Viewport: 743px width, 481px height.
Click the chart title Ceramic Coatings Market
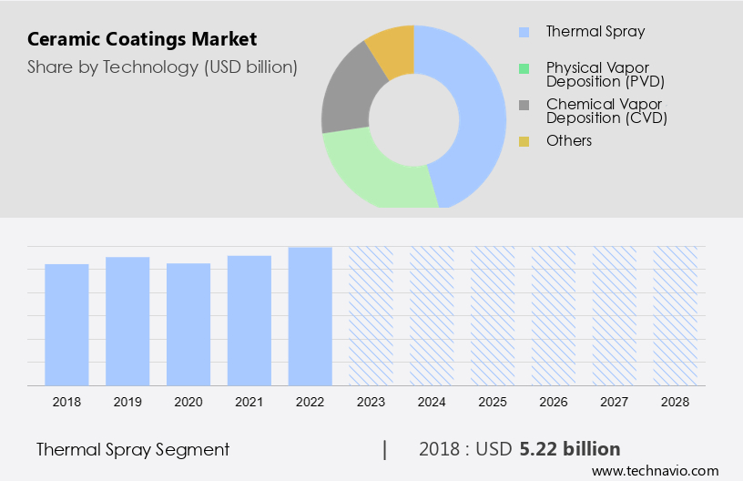click(x=142, y=39)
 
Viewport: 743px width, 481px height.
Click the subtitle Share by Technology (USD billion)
click(x=162, y=67)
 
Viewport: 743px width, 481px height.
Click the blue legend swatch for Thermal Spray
click(x=524, y=32)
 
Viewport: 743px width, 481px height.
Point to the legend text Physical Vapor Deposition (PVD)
click(x=606, y=75)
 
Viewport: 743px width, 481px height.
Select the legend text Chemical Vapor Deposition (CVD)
click(x=606, y=111)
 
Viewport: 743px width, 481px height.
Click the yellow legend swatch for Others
click(x=524, y=141)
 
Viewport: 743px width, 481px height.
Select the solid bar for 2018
click(x=66, y=324)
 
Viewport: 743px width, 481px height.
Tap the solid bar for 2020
click(x=188, y=324)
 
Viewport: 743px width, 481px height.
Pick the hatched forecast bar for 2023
click(x=371, y=315)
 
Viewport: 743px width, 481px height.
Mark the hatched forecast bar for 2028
click(x=676, y=315)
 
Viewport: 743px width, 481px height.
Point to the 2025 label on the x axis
click(x=493, y=401)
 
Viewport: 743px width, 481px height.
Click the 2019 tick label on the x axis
click(x=127, y=401)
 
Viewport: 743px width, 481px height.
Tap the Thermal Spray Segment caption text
click(x=133, y=449)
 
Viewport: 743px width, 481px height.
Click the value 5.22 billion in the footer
click(x=570, y=449)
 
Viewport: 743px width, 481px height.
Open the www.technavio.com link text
click(x=655, y=471)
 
